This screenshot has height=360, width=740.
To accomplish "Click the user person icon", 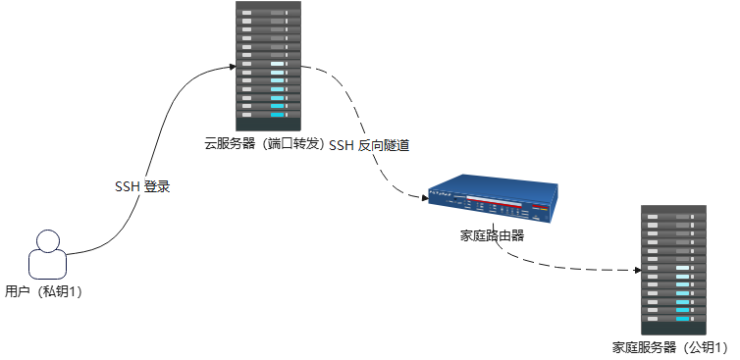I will pos(48,257).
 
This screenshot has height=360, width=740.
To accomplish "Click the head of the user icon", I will pos(48,240).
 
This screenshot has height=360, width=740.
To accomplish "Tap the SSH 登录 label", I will pos(143,186).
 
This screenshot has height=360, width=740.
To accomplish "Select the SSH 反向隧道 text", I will pos(368,145).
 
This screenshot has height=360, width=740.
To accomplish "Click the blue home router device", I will pos(492,201).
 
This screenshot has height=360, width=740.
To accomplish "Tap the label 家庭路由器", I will pos(492,235).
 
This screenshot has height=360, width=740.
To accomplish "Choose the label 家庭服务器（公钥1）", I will pos(672,347).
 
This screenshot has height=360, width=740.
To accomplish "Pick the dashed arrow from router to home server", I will pos(569,263).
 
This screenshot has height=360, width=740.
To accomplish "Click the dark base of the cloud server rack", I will pos(266,124).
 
